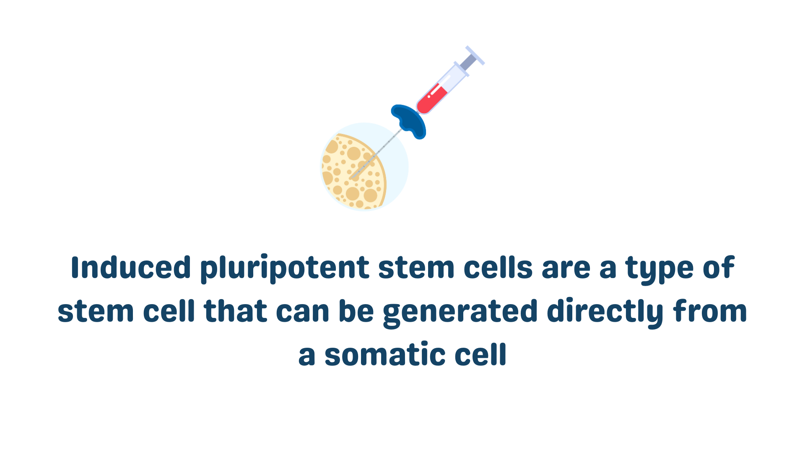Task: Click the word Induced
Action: [131, 267]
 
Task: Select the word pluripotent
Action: [285, 268]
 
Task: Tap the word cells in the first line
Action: [498, 267]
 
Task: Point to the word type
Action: [660, 269]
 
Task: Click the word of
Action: [719, 267]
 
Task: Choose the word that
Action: [236, 311]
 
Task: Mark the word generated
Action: [460, 312]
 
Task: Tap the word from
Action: [710, 311]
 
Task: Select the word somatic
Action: [385, 354]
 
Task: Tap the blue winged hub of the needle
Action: [409, 121]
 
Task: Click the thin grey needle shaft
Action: [376, 154]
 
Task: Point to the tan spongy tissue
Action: [353, 172]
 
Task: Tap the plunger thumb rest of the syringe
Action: [475, 55]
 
